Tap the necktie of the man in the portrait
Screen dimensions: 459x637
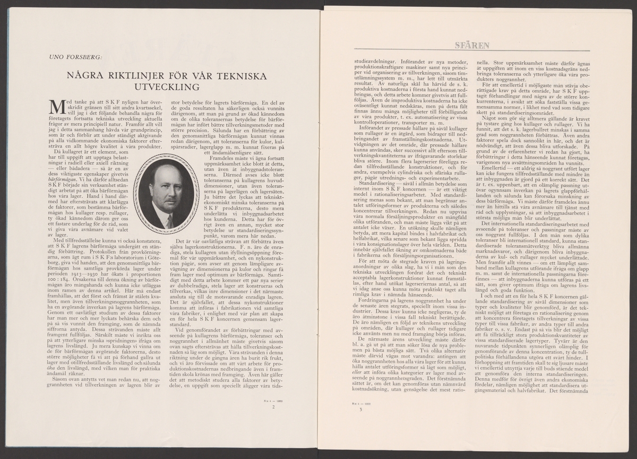pyautogui.click(x=169, y=220)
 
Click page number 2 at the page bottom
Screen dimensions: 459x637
pyautogui.click(x=272, y=408)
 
